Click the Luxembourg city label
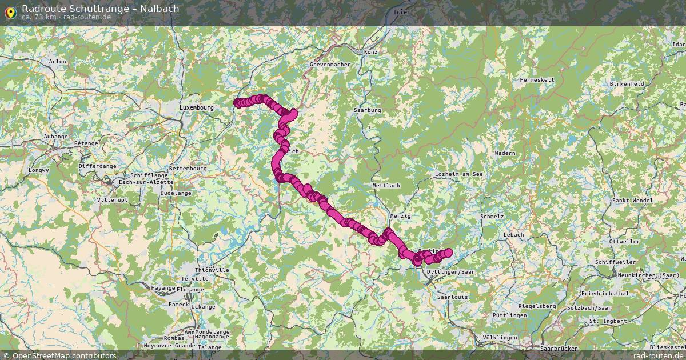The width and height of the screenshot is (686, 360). pyautogui.click(x=196, y=107)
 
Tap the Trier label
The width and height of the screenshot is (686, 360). pyautogui.click(x=402, y=12)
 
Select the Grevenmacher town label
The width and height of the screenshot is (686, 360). pyautogui.click(x=330, y=65)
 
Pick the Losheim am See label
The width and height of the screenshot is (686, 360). pyautogui.click(x=459, y=174)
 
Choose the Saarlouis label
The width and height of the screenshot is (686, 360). pyautogui.click(x=452, y=297)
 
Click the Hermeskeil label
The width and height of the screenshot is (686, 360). pyautogui.click(x=537, y=80)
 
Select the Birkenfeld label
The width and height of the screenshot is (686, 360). pyautogui.click(x=627, y=83)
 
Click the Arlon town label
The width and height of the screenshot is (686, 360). pyautogui.click(x=58, y=62)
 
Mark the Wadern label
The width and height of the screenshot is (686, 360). pyautogui.click(x=505, y=153)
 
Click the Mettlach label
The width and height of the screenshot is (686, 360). pyautogui.click(x=386, y=186)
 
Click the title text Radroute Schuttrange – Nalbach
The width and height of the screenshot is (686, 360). pyautogui.click(x=101, y=9)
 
